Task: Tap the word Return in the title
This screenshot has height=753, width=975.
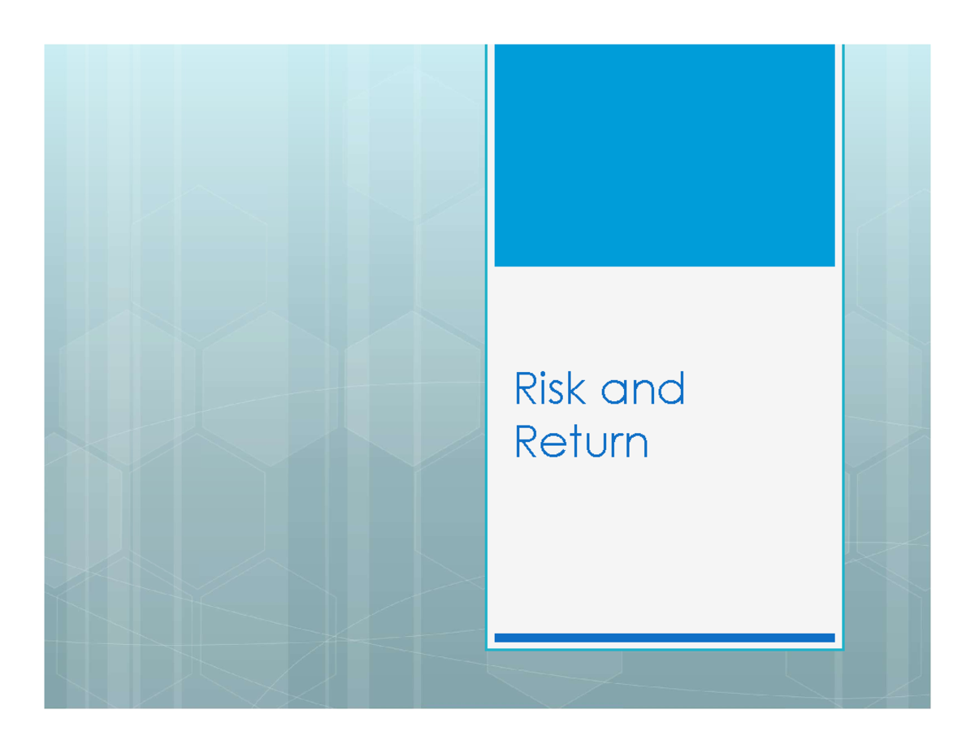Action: (x=582, y=443)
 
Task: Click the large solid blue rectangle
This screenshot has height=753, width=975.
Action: (x=664, y=154)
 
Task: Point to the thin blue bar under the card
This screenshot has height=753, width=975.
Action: (x=664, y=638)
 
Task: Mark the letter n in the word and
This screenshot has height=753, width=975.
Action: (x=642, y=393)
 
